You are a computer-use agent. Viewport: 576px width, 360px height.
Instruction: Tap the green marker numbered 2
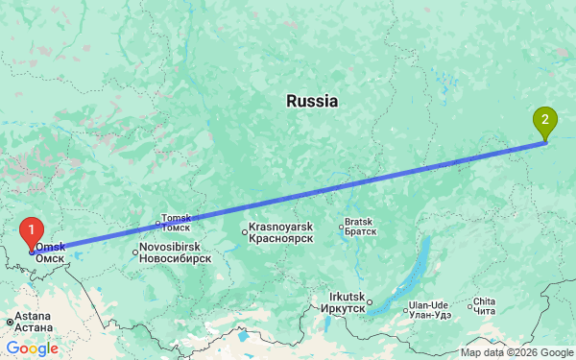point(545,122)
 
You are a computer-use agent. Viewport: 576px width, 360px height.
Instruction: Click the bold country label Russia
point(312,101)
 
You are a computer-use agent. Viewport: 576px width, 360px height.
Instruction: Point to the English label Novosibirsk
point(174,247)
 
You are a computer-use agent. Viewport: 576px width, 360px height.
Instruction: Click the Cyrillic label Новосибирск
point(174,258)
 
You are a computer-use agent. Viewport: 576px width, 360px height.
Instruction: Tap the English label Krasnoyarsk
point(281,227)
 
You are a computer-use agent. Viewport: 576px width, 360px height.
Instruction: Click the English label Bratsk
point(360,221)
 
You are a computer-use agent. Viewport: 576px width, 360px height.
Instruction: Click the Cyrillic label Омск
point(50,258)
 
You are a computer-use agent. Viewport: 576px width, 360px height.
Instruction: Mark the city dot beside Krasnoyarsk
point(244,230)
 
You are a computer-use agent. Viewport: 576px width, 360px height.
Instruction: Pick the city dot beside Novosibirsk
point(134,252)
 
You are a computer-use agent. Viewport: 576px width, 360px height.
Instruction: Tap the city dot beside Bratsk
point(341,227)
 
